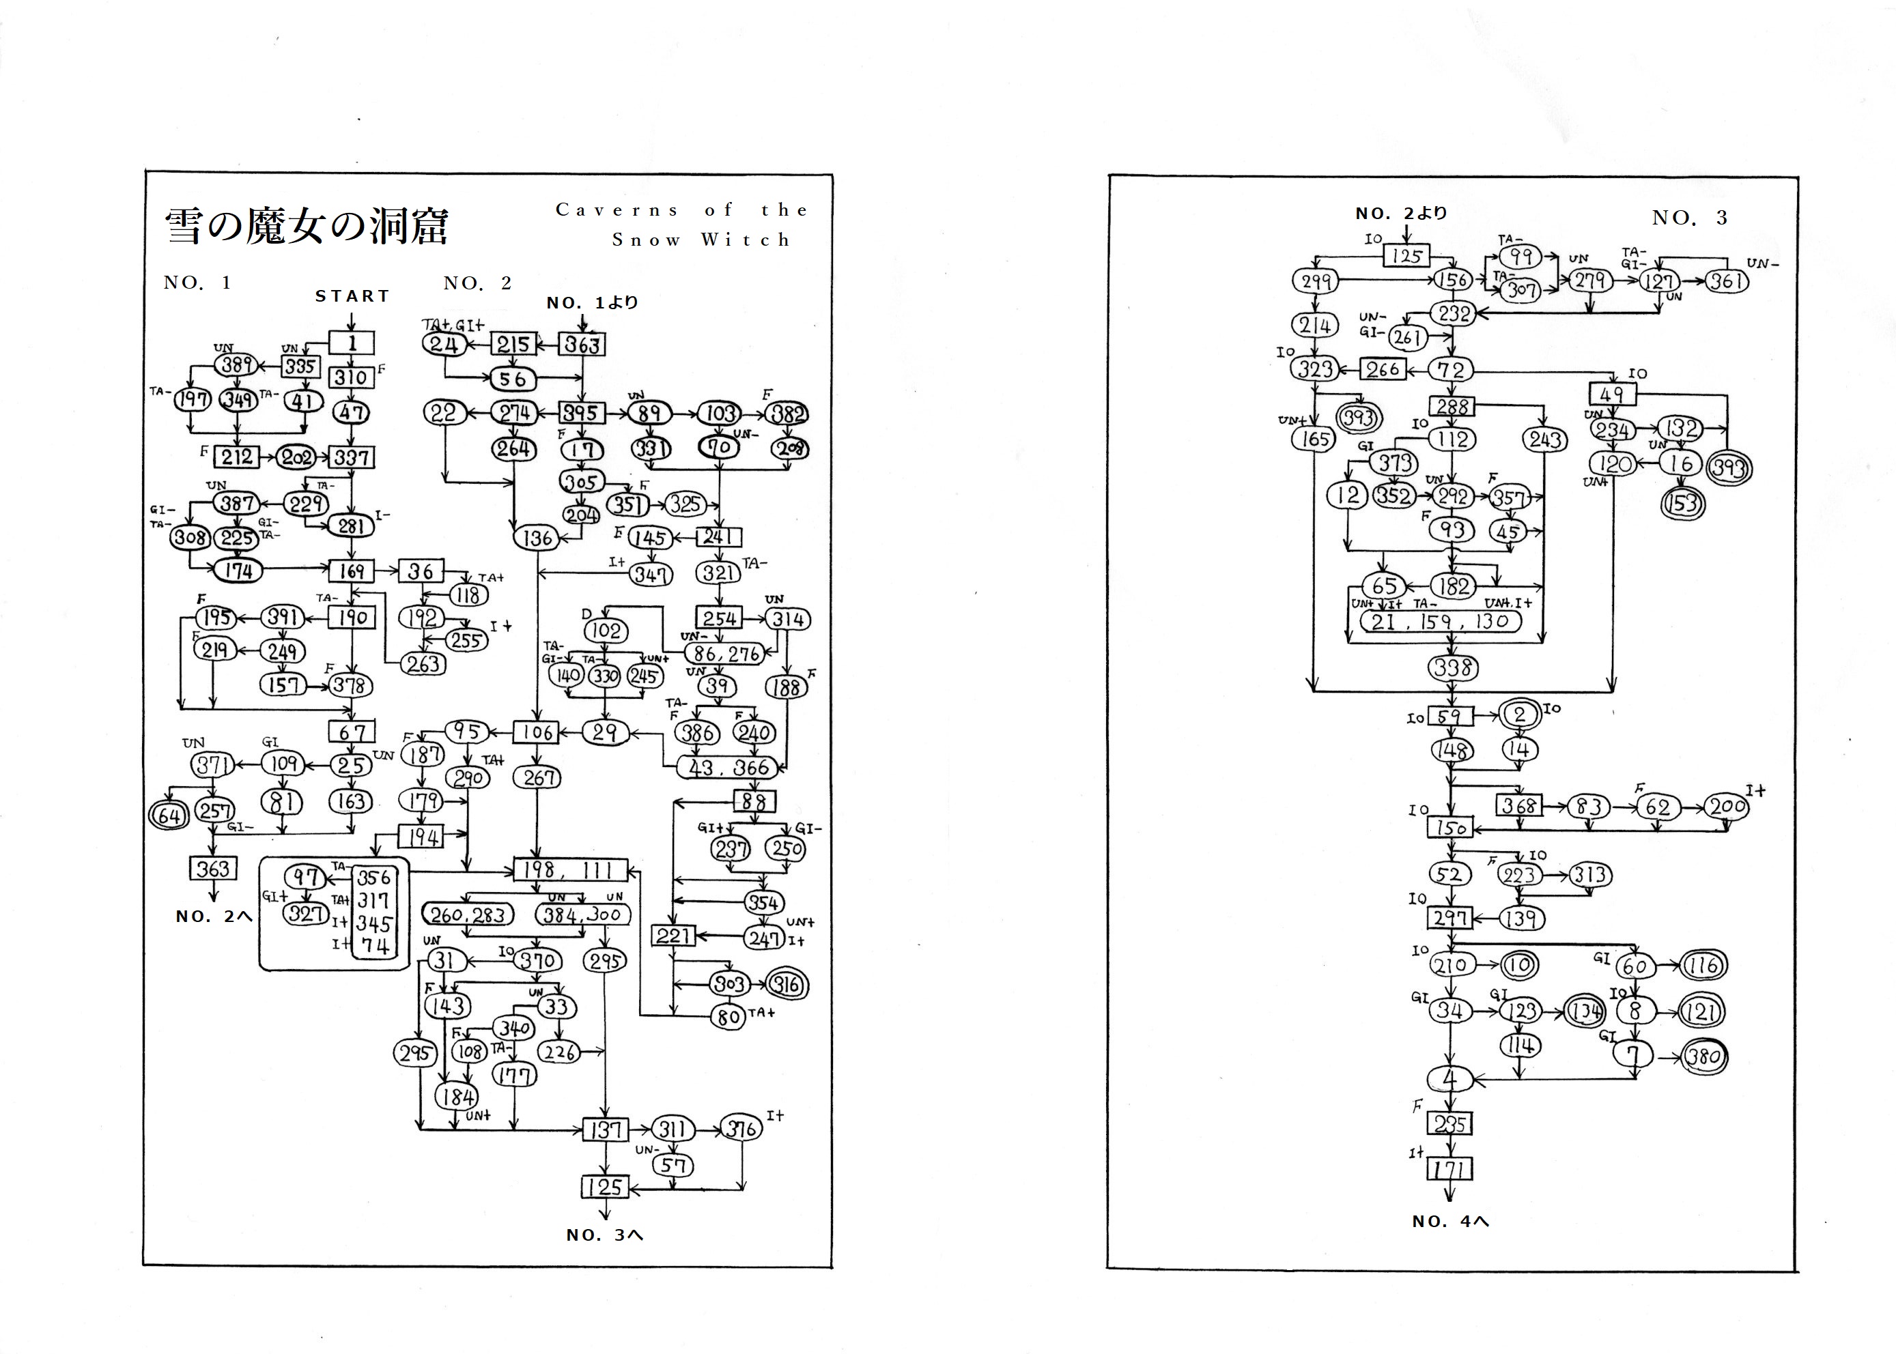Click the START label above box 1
(x=352, y=296)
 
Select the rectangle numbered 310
(x=351, y=377)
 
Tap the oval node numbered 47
(x=351, y=412)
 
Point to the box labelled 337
(x=351, y=457)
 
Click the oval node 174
(x=238, y=571)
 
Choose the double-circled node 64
(x=169, y=815)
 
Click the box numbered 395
(x=580, y=413)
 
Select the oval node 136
(x=537, y=538)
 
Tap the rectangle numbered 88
(x=754, y=801)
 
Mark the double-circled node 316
(x=787, y=985)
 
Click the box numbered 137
(x=606, y=1129)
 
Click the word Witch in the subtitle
(x=746, y=240)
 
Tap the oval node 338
(x=1452, y=668)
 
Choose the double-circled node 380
(x=1703, y=1057)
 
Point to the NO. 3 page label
(x=1689, y=218)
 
